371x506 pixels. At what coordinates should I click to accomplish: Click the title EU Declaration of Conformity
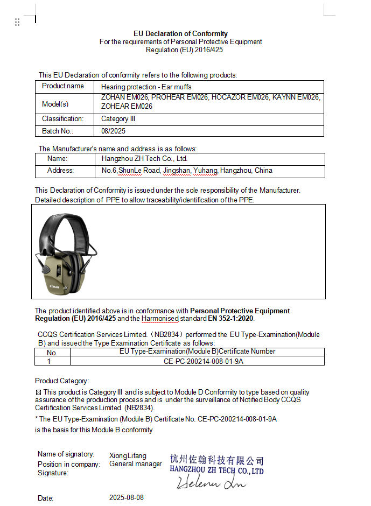tap(180, 33)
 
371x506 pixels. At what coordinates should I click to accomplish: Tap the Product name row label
tap(63, 86)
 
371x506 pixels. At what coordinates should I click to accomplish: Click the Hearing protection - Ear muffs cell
tap(146, 87)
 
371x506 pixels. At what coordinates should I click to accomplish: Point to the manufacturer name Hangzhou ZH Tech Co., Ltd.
tap(144, 159)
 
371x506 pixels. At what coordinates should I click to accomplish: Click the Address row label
tap(60, 171)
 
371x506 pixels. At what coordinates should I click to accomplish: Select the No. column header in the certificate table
tap(52, 353)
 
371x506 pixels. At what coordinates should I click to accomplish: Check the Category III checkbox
tap(38, 392)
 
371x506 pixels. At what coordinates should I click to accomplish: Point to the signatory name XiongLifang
tap(128, 455)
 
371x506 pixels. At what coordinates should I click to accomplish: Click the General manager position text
tap(135, 464)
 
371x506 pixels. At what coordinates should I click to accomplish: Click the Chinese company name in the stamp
tap(216, 460)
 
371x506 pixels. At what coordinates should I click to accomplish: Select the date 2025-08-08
tap(127, 497)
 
